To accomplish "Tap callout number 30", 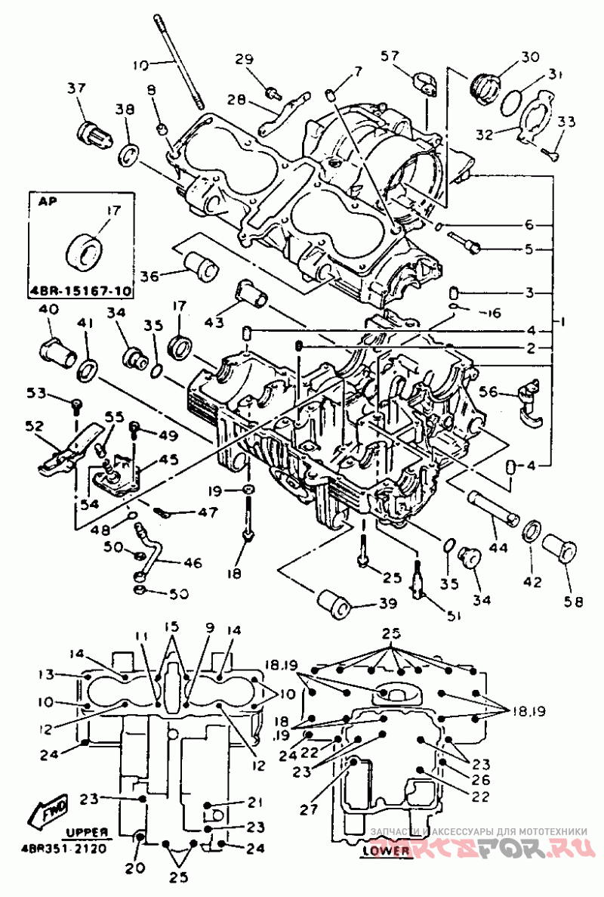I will [532, 56].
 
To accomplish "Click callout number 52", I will [35, 426].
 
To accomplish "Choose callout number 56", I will [488, 391].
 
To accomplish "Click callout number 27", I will [307, 809].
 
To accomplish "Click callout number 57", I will [390, 55].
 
